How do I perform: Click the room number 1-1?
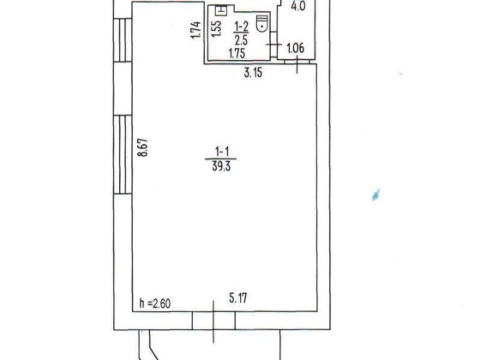coord(222,152)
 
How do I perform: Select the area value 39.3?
coord(221,167)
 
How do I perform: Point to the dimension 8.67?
coord(143,147)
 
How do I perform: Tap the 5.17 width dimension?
coord(238,297)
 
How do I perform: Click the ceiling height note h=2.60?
coord(155,303)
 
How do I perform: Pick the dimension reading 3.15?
coord(253,73)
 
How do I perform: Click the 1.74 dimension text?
coord(195,30)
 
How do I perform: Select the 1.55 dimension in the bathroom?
coord(216,29)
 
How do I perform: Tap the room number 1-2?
coord(241,27)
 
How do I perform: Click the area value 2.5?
coord(241,39)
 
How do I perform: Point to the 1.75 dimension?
coord(237,53)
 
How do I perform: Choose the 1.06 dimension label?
coord(296,48)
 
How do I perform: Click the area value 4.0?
coord(298,7)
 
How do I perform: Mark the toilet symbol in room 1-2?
coord(262,24)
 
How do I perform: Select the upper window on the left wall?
coord(123,40)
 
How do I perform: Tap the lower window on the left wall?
coord(123,154)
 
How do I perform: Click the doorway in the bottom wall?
coord(213,321)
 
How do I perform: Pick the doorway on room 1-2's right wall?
coord(274,45)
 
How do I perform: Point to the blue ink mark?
coord(376,195)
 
